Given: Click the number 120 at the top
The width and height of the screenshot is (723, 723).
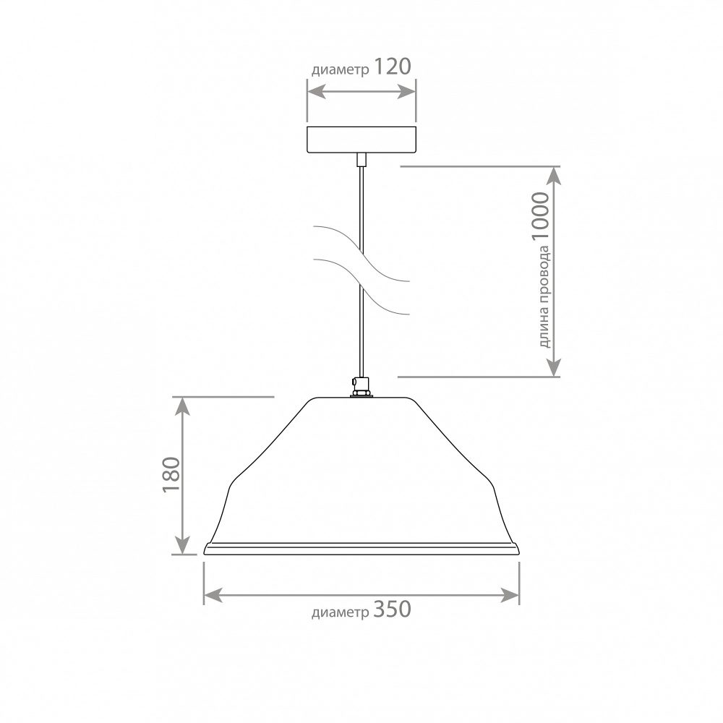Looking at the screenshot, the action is point(391,67).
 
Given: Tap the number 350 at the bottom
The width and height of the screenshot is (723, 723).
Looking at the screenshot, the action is point(391,609).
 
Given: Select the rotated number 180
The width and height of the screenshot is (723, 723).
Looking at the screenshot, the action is point(171,474).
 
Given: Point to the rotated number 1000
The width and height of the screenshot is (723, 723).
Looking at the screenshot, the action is point(541,217).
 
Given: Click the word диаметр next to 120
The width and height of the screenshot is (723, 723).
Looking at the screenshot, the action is point(341,70).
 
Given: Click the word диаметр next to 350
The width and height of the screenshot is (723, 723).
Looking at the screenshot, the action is point(341,612).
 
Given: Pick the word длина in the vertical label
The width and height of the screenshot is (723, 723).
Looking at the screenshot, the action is point(544,329).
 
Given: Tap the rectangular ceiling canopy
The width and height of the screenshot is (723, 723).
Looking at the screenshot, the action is point(361,140).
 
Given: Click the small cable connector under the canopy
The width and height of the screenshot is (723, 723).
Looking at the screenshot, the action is point(361,160).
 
